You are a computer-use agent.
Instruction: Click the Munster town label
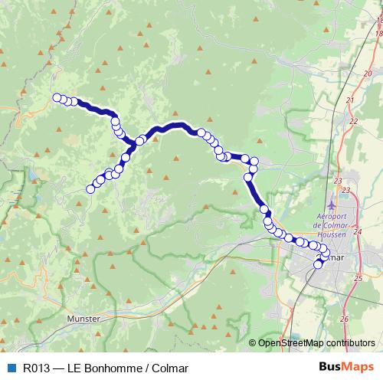[x=83, y=318]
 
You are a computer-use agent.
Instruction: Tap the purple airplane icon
[x=331, y=206]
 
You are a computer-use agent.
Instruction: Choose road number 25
[x=358, y=278]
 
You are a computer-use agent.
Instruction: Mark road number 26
[x=344, y=318]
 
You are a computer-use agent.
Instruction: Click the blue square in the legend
[x=11, y=368]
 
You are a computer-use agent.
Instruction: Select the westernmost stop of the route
[x=56, y=97]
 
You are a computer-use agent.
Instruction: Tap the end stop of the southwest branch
[x=90, y=188]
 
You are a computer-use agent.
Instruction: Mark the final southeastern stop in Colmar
[x=319, y=264]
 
